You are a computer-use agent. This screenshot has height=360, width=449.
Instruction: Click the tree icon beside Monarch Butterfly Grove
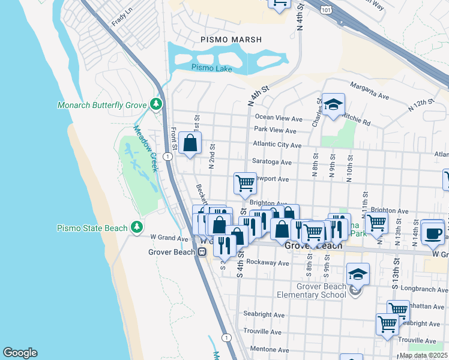(x=156, y=105)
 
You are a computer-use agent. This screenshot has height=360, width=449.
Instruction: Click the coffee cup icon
(x=432, y=233)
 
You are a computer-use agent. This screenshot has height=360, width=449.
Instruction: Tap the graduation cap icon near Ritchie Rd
(x=333, y=104)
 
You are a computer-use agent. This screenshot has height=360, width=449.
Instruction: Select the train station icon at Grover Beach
(x=202, y=252)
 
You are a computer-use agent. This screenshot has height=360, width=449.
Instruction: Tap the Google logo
(x=20, y=353)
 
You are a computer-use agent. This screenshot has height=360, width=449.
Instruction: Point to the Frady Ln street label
(x=121, y=19)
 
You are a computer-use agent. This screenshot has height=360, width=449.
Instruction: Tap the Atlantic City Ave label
(x=277, y=145)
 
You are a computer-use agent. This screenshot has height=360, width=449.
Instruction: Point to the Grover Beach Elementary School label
(x=312, y=290)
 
